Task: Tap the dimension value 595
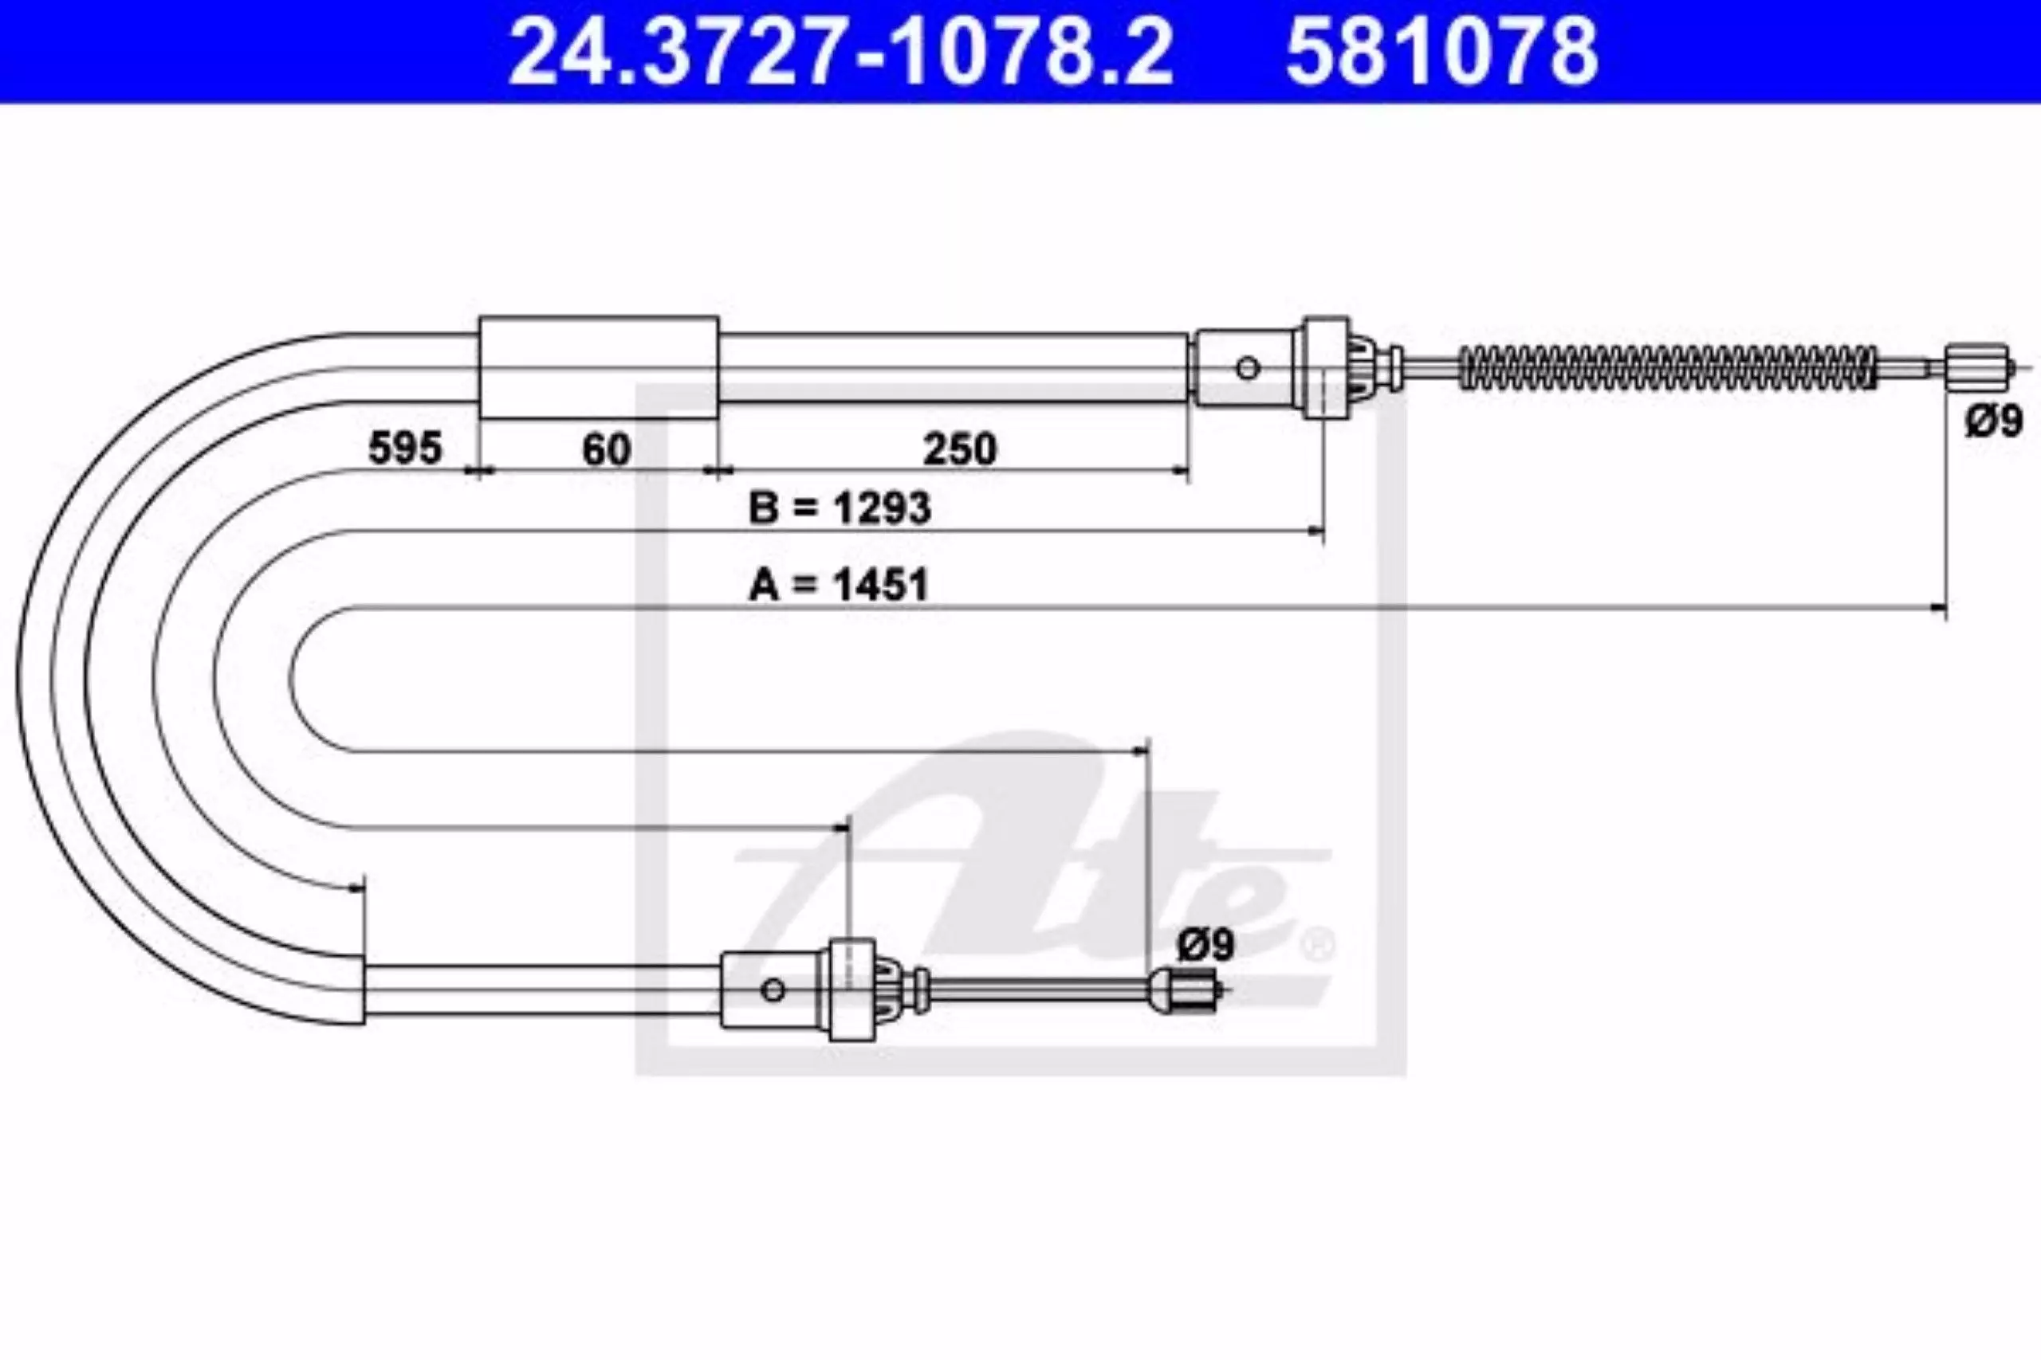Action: click(405, 449)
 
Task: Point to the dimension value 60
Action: click(607, 449)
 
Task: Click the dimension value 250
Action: click(960, 449)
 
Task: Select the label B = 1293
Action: click(840, 508)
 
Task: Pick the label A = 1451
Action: click(838, 585)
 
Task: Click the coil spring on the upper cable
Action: click(1667, 366)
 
